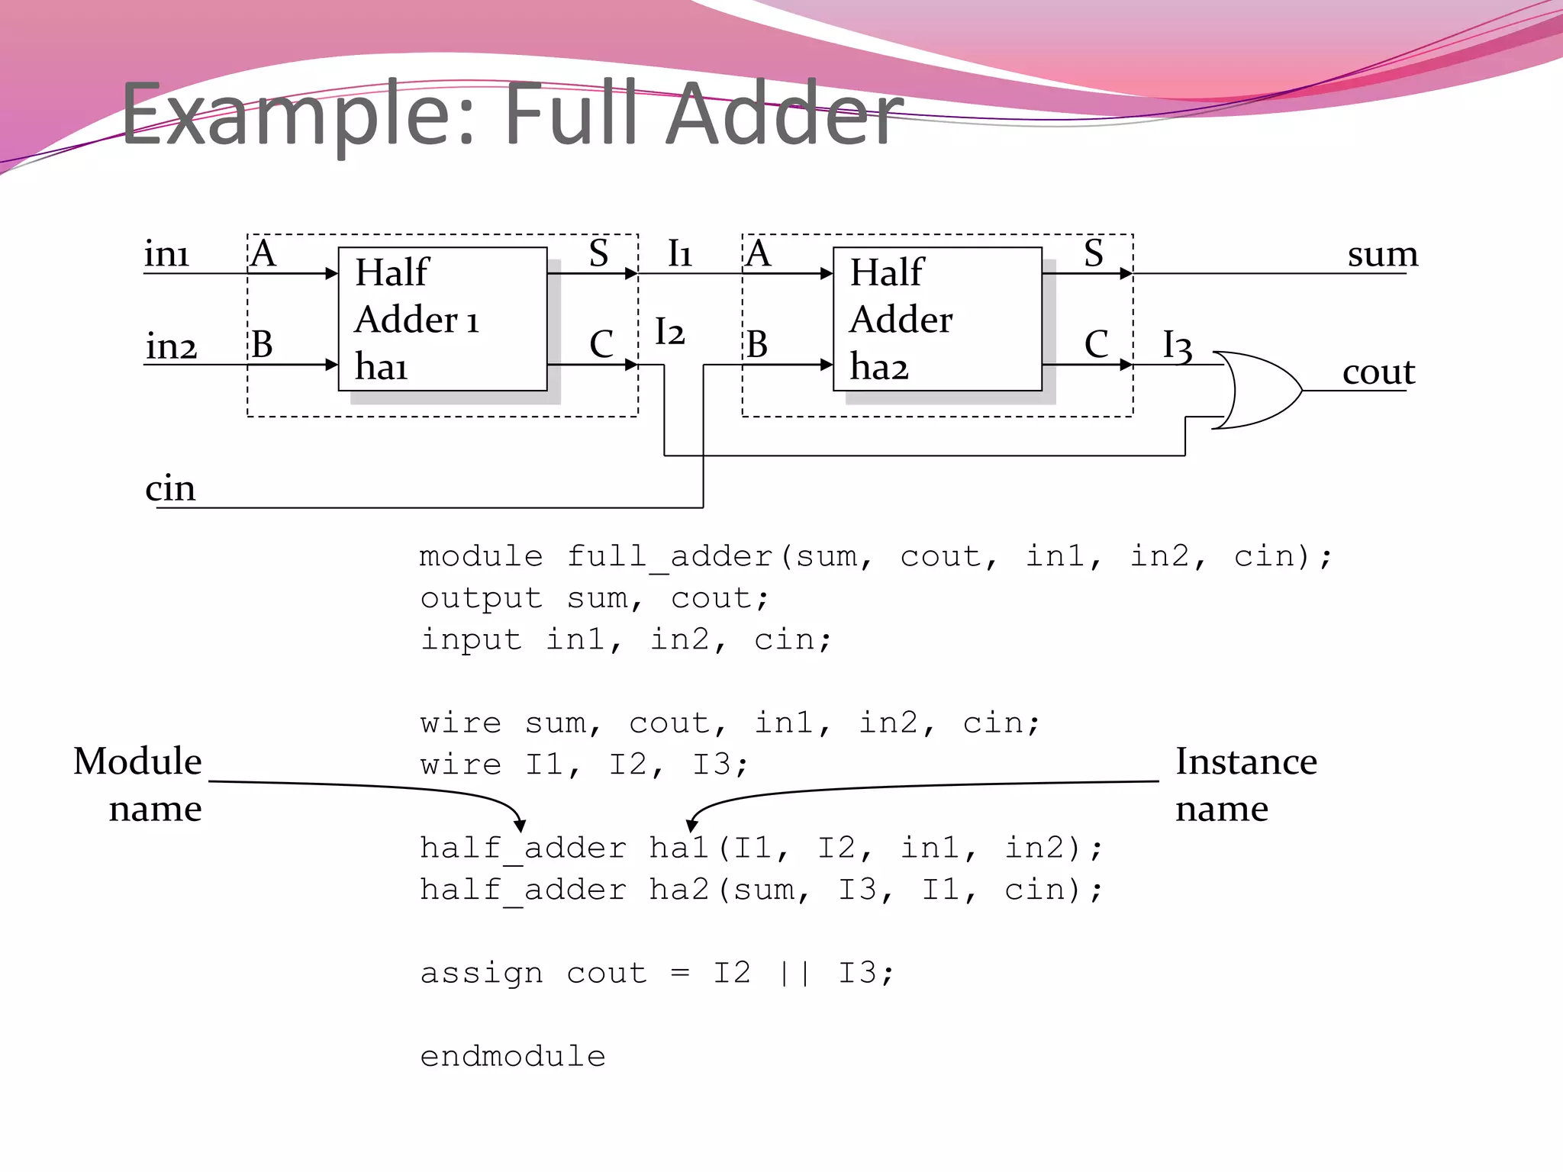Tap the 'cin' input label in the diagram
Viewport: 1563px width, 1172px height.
[170, 488]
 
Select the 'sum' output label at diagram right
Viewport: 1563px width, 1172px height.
[1382, 254]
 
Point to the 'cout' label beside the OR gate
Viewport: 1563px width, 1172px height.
[1378, 372]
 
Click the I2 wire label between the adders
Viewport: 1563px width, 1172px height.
[669, 333]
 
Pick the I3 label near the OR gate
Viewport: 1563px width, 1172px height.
[1177, 346]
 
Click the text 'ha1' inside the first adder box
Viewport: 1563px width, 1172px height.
[381, 366]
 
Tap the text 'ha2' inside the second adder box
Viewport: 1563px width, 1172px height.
[879, 366]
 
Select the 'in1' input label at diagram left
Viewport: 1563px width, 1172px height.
[166, 254]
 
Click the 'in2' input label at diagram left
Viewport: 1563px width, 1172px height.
[172, 346]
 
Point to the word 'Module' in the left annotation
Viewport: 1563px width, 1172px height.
[137, 761]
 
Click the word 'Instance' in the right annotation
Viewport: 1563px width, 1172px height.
[1246, 761]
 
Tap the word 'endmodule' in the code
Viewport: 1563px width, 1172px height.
[512, 1057]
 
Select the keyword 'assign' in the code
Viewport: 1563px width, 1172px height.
[481, 974]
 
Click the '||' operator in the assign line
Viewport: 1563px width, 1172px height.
[794, 973]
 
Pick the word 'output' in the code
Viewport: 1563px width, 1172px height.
[481, 599]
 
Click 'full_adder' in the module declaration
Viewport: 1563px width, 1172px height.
[669, 557]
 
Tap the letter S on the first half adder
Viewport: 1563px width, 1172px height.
[598, 253]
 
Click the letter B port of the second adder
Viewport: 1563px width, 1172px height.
[756, 344]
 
